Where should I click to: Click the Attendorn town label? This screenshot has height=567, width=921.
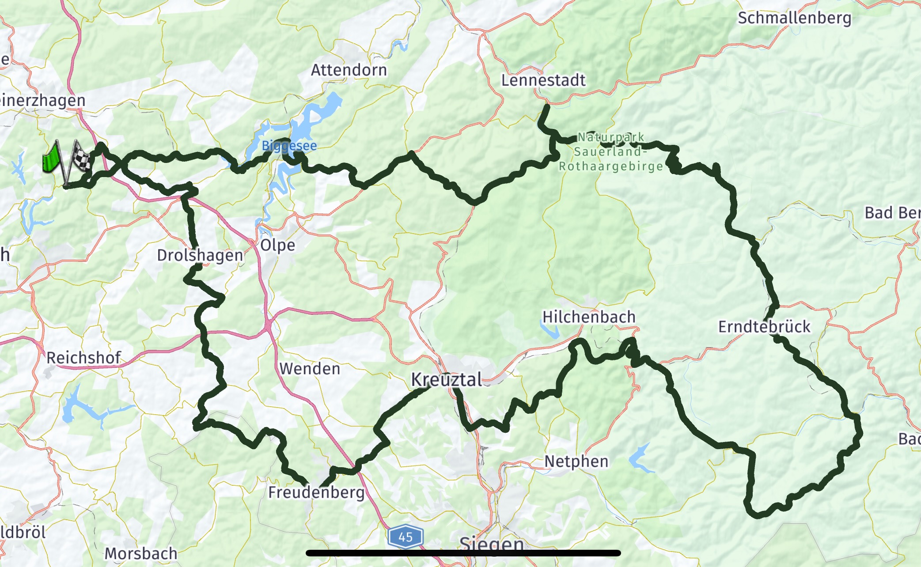pos(349,70)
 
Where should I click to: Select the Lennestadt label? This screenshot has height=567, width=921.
pos(543,80)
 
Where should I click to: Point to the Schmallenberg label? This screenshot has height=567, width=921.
pos(794,18)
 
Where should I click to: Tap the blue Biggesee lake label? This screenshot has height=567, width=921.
pos(289,146)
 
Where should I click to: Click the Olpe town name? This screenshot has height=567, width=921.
pos(277,245)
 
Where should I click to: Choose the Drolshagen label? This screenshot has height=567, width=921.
pos(200,255)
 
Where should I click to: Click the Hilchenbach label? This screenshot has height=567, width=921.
pos(588,317)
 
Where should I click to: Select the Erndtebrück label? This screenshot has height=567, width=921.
pos(764,327)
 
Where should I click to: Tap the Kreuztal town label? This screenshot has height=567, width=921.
pos(446,379)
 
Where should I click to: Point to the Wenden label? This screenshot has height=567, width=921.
pos(310,369)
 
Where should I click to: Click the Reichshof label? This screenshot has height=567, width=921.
pos(83,358)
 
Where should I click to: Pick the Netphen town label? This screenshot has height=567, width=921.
pos(576,461)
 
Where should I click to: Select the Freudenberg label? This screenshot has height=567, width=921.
pos(316,492)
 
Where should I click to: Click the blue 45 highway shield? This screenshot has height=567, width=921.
pos(406,537)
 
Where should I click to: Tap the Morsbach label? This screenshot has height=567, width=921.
pos(140,553)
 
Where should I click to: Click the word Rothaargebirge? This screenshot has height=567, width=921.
pos(611,166)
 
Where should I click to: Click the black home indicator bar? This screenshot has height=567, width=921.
pos(463,553)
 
